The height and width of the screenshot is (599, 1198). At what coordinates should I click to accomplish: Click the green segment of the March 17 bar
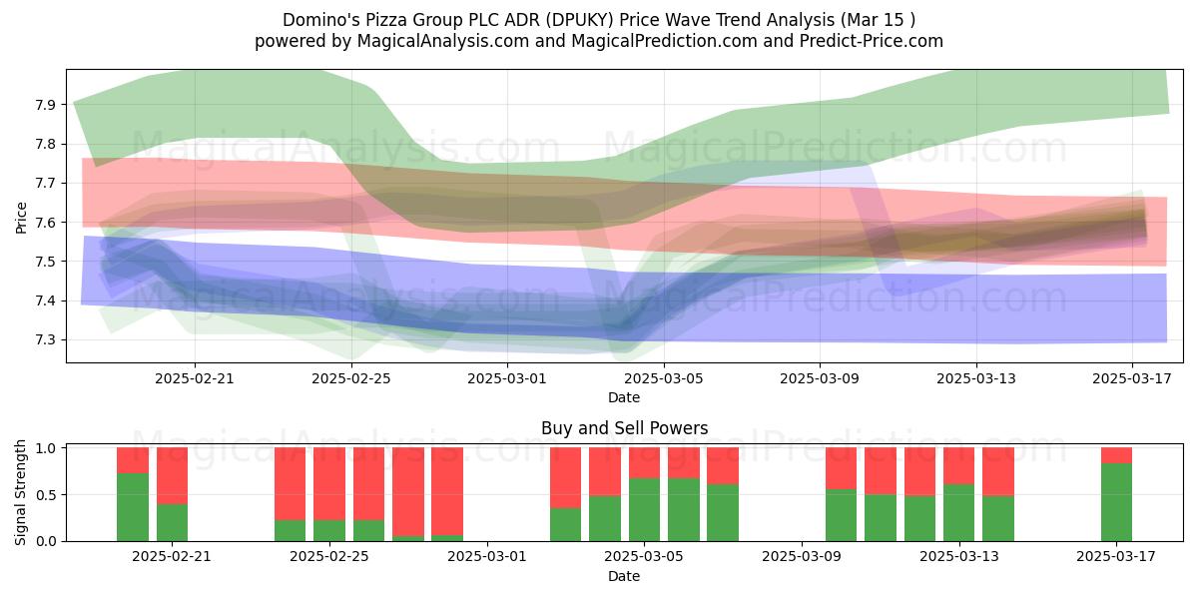coord(1116,502)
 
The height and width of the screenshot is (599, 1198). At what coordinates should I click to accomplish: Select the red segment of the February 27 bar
coord(408,492)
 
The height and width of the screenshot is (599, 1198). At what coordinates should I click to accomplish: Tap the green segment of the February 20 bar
coord(133,507)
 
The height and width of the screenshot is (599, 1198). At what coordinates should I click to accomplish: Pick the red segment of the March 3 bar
coord(565,477)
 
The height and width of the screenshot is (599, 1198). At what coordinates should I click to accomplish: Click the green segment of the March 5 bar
coord(644,510)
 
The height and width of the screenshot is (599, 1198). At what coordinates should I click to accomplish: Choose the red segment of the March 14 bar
coord(998,471)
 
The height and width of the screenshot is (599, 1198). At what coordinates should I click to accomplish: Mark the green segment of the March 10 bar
coord(841,515)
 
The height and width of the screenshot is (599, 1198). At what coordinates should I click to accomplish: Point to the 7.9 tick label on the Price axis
coord(46,105)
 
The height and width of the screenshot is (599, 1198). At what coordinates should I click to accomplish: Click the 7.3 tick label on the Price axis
coord(46,340)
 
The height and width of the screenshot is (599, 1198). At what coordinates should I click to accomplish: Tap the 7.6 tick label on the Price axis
coord(46,223)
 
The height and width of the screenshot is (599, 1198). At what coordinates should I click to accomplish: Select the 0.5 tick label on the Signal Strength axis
coord(46,495)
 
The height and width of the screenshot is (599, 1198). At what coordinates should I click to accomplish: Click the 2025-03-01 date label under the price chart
coord(507,378)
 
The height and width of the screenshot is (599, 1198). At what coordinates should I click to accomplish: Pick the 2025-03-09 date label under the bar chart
coord(801,557)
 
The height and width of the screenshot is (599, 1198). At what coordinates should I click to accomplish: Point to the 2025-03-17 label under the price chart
coord(1132,378)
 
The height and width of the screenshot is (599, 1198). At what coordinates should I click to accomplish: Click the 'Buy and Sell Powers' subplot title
coord(624,428)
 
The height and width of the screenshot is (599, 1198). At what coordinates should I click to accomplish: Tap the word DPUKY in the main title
coord(585,20)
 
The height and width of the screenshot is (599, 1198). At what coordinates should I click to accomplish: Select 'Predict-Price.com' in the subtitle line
coord(872,41)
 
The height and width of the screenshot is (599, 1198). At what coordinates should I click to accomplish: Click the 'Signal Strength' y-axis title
coord(20,492)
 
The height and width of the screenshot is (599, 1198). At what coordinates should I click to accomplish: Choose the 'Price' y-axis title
coord(21,218)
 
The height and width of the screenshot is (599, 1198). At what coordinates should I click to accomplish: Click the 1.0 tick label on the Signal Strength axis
coord(46,448)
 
